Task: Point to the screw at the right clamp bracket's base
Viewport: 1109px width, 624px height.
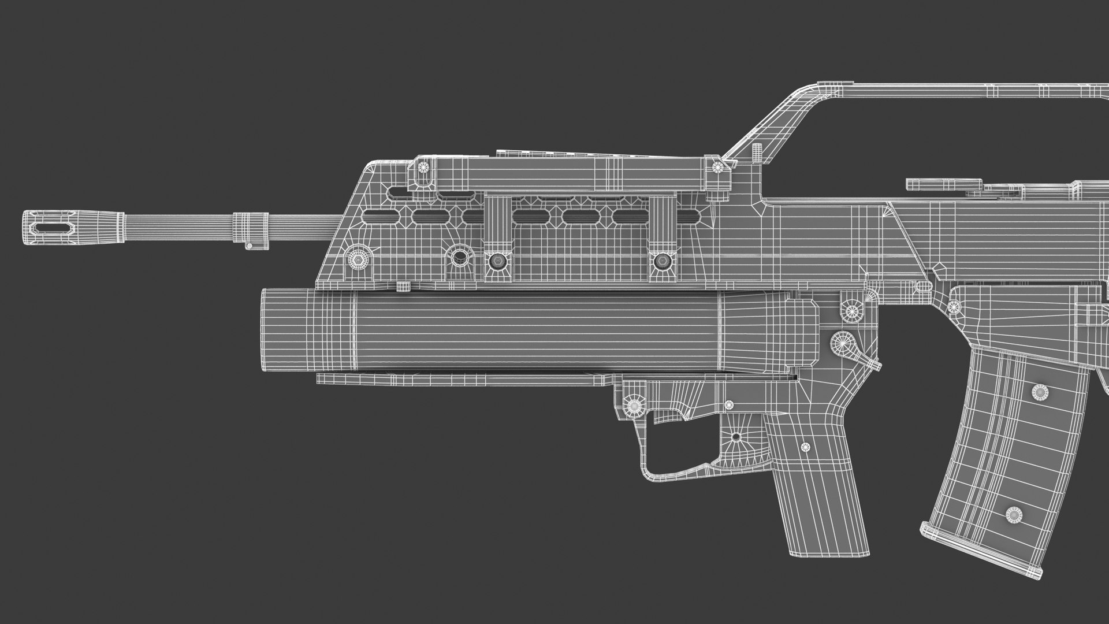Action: [x=660, y=262]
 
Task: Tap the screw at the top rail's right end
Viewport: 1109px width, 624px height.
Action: [x=718, y=168]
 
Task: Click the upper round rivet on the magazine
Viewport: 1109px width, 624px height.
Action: [x=1040, y=393]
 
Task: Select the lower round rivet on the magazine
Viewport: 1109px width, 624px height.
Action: [x=1014, y=513]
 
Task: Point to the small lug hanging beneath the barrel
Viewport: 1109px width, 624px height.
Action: [x=250, y=246]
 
